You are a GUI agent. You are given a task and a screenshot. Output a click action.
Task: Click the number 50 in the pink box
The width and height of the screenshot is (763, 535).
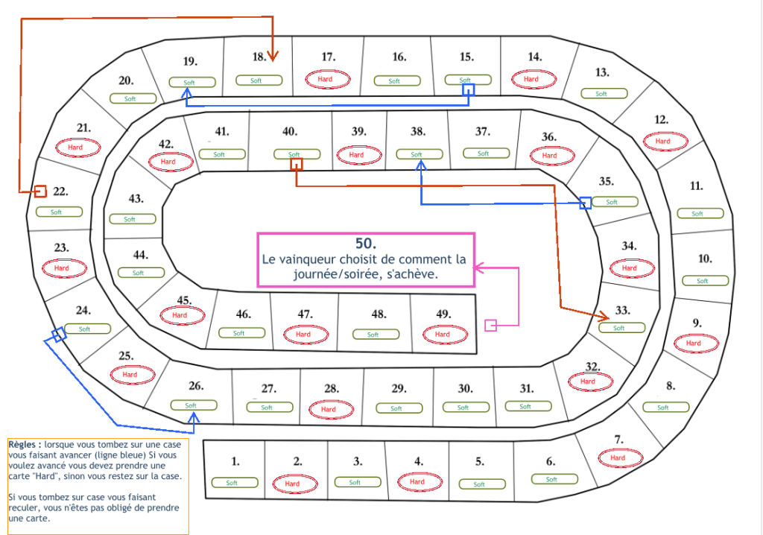(366, 244)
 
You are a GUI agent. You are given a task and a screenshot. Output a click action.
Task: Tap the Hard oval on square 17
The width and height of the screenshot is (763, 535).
(325, 79)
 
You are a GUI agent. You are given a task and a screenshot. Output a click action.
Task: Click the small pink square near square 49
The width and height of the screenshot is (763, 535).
(490, 325)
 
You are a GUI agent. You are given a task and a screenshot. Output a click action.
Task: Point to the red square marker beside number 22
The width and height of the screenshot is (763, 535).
(40, 191)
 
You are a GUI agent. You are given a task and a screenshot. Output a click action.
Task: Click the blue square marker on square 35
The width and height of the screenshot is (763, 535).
(586, 203)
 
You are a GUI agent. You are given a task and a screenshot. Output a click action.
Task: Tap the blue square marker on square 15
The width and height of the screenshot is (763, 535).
(468, 89)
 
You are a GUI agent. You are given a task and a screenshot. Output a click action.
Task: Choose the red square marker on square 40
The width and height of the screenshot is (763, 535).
(297, 164)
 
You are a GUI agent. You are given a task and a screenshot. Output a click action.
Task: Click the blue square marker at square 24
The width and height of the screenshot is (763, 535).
(59, 335)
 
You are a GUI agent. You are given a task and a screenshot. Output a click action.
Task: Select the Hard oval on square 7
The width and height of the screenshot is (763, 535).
(618, 458)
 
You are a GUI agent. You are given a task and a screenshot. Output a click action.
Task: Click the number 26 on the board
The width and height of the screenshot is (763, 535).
(195, 386)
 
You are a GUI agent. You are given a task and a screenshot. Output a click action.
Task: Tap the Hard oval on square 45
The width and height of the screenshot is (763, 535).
(180, 315)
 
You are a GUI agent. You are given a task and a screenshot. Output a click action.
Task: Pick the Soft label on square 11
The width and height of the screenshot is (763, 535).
(697, 214)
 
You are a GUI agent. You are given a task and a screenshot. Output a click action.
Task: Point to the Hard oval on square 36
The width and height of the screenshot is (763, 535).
(550, 156)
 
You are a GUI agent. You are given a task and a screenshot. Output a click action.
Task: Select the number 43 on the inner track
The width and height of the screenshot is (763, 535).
(136, 199)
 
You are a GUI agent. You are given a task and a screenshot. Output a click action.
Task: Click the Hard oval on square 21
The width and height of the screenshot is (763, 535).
(75, 148)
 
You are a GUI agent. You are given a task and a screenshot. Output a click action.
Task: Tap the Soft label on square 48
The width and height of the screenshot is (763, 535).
(373, 335)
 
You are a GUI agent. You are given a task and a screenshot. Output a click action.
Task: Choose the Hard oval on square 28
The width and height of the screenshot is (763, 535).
(328, 409)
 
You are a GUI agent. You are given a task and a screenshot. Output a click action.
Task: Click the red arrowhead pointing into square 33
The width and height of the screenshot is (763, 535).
(606, 317)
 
